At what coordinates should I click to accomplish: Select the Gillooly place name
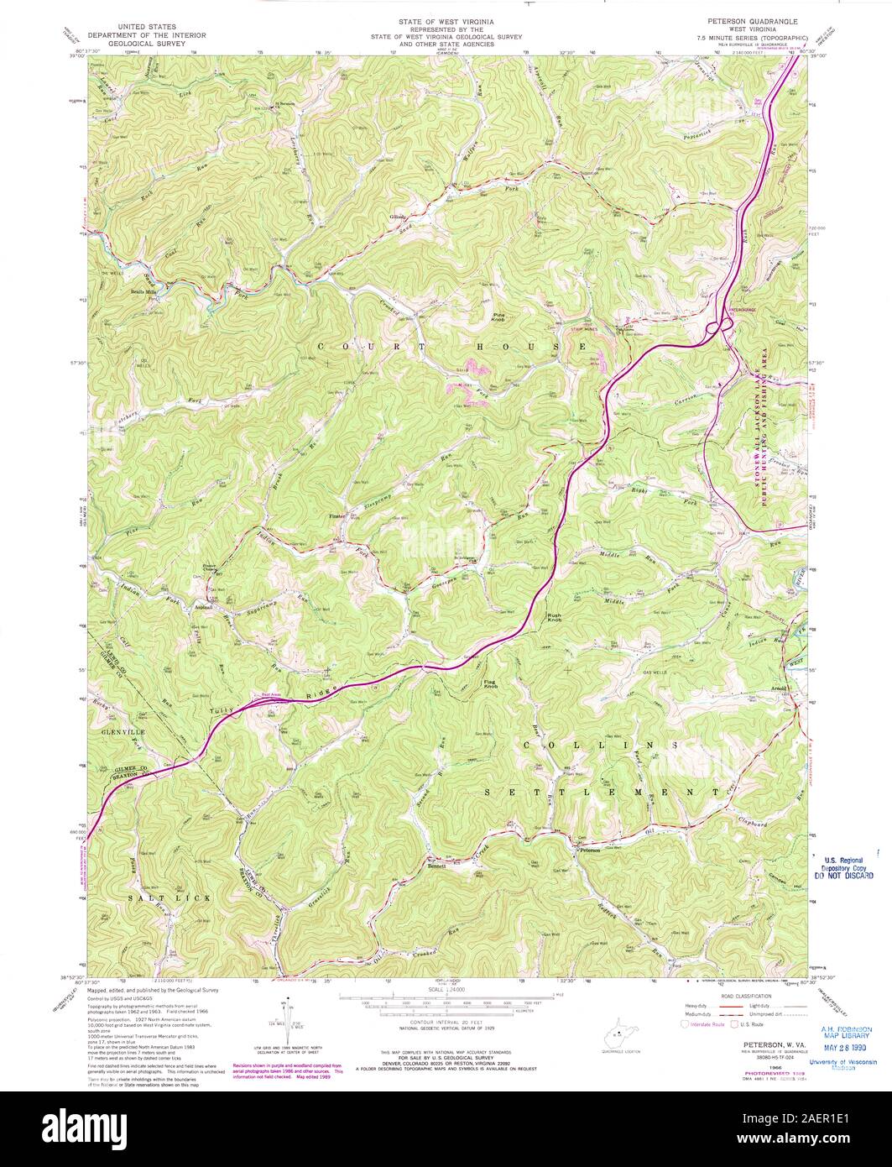coord(398,218)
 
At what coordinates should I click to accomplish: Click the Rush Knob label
coord(556,620)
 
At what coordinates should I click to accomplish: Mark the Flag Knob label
coord(493,684)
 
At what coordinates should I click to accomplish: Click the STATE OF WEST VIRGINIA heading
coord(446,18)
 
